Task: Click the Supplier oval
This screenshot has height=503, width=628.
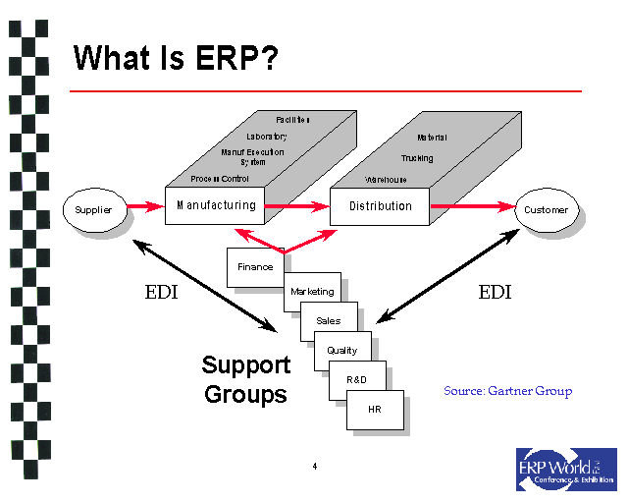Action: (93, 209)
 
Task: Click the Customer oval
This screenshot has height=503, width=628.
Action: (546, 209)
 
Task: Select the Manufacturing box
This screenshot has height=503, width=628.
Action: (216, 205)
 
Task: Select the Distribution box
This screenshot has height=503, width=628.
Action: (380, 206)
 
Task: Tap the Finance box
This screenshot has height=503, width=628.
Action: (254, 267)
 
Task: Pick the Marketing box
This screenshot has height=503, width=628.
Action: (312, 292)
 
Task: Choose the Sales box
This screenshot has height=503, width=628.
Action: (329, 321)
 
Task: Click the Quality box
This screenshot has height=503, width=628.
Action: (341, 351)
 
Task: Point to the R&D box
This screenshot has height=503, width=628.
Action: (356, 379)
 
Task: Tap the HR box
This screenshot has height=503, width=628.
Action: (374, 409)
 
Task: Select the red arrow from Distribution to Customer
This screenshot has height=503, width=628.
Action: (473, 206)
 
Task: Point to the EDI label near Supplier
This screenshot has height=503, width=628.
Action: (162, 292)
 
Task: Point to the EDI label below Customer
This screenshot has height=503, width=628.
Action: (495, 292)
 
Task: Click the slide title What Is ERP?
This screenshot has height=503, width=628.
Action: (176, 58)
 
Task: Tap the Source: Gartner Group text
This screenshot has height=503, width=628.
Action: (507, 391)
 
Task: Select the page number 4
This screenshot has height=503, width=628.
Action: (314, 466)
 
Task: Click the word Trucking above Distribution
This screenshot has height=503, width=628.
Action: (416, 158)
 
